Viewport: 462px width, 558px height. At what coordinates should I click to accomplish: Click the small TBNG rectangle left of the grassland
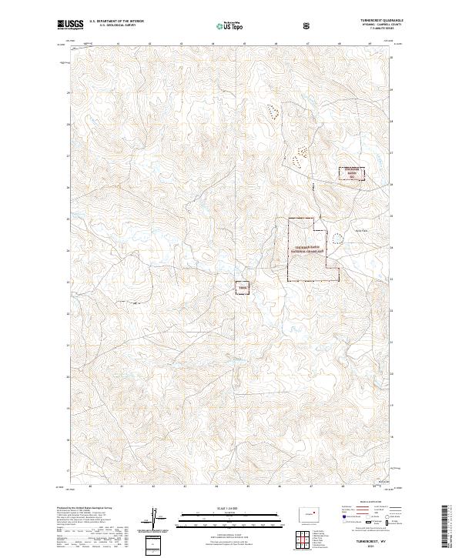click(x=243, y=288)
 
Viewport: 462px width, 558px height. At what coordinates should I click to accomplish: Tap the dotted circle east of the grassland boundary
click(x=340, y=239)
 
